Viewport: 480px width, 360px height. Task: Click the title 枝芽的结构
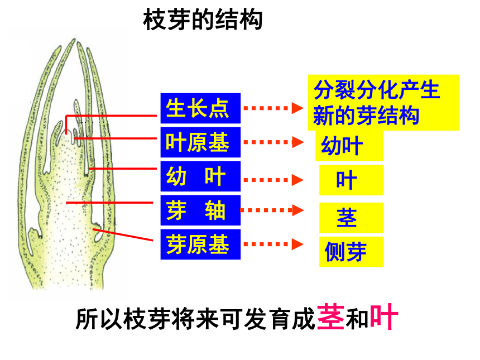203,20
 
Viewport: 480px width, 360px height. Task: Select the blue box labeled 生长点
200,108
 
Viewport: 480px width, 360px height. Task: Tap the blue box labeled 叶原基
200,142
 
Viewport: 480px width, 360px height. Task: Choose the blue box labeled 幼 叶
200,176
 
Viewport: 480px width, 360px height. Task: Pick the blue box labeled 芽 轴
200,210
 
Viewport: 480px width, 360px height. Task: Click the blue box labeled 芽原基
200,244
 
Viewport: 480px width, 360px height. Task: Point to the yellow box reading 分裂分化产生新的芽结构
383,103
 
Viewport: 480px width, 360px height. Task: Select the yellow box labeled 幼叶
349,146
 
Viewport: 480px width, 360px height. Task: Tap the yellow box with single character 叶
352,180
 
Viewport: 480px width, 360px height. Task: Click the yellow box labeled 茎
352,218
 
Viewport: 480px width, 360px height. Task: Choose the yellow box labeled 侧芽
352,252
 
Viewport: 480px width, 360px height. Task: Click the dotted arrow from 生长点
273,108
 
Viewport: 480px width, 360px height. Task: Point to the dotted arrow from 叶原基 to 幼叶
273,142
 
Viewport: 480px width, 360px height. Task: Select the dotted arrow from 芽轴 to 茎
272,210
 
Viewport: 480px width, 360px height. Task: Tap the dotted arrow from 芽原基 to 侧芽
273,244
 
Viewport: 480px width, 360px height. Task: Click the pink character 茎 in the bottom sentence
331,317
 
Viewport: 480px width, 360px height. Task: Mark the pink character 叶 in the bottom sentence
384,317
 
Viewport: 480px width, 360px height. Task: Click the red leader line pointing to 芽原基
123,234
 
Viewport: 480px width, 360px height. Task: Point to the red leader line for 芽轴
109,203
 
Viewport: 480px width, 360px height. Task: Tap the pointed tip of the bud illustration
74,39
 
